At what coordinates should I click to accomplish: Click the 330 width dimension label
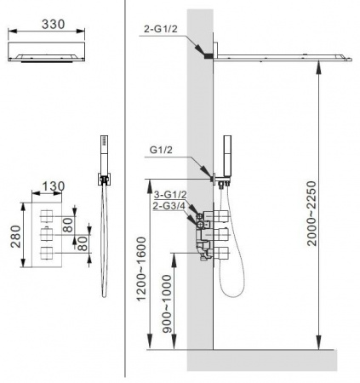[54, 24]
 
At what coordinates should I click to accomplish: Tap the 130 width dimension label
[54, 186]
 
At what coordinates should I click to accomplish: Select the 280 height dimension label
[15, 237]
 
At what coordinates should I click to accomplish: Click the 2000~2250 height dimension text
[311, 213]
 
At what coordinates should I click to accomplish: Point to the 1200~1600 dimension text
[141, 269]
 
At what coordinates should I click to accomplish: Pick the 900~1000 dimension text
[167, 303]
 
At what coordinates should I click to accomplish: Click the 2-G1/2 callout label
[161, 29]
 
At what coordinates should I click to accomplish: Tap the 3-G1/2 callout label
[170, 195]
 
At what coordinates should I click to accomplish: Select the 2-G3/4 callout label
[169, 206]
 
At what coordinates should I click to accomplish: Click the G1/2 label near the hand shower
[161, 150]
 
